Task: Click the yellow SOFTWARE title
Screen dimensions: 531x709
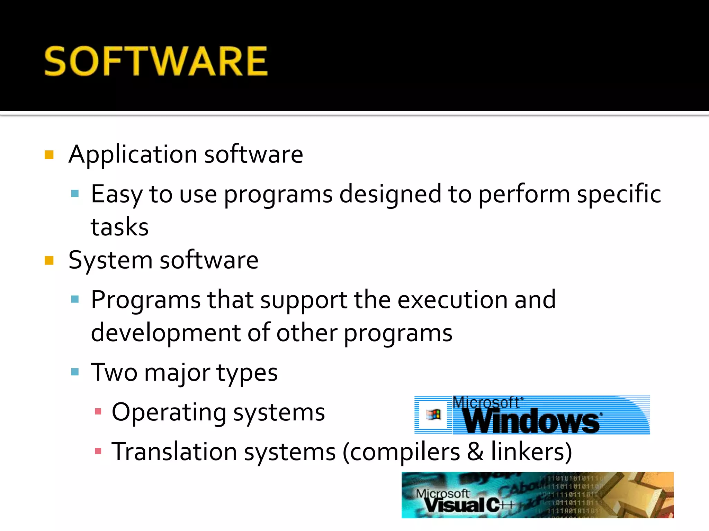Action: point(156,61)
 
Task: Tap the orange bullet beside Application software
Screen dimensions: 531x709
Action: point(49,155)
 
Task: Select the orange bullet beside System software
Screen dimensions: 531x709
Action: point(49,260)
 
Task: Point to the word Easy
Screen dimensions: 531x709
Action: point(116,194)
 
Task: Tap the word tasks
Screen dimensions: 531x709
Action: point(119,227)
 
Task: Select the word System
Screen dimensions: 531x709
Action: point(110,260)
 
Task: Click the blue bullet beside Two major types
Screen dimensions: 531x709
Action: point(75,372)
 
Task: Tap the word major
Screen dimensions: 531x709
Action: point(177,373)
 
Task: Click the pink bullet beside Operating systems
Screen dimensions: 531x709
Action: point(98,411)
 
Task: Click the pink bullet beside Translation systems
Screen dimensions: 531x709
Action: point(98,451)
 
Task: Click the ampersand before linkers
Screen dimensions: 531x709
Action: point(475,451)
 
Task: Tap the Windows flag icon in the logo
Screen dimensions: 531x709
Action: point(433,414)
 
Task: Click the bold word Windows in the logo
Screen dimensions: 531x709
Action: point(532,421)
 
